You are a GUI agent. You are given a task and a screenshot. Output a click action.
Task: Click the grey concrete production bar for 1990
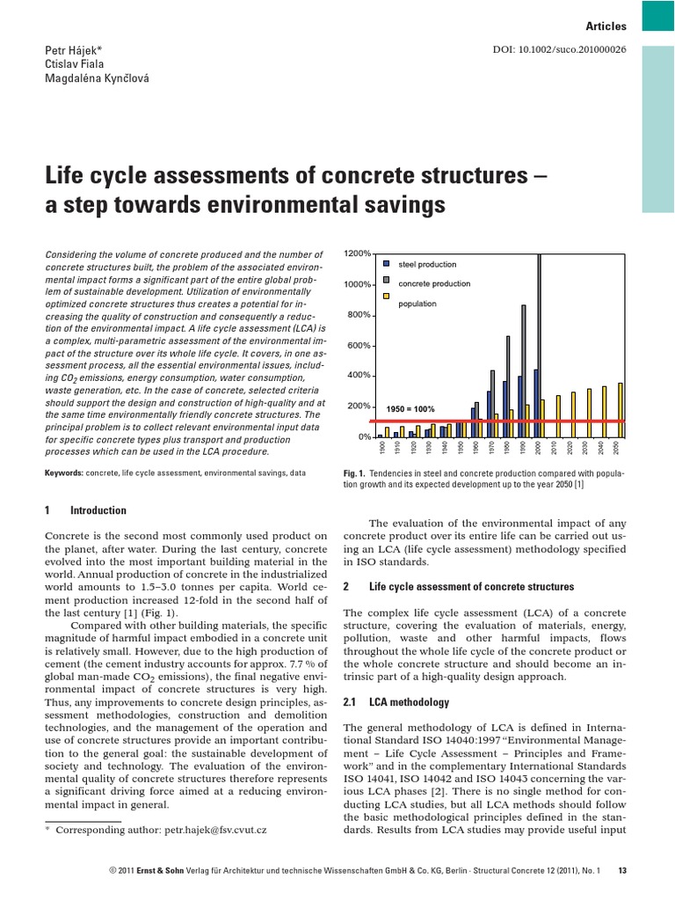524,370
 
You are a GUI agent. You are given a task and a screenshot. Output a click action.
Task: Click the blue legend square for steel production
387,263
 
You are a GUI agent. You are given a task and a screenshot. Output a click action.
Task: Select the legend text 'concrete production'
434,283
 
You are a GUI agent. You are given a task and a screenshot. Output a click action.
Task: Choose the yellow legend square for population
387,303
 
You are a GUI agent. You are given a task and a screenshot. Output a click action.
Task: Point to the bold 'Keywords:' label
65,472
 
